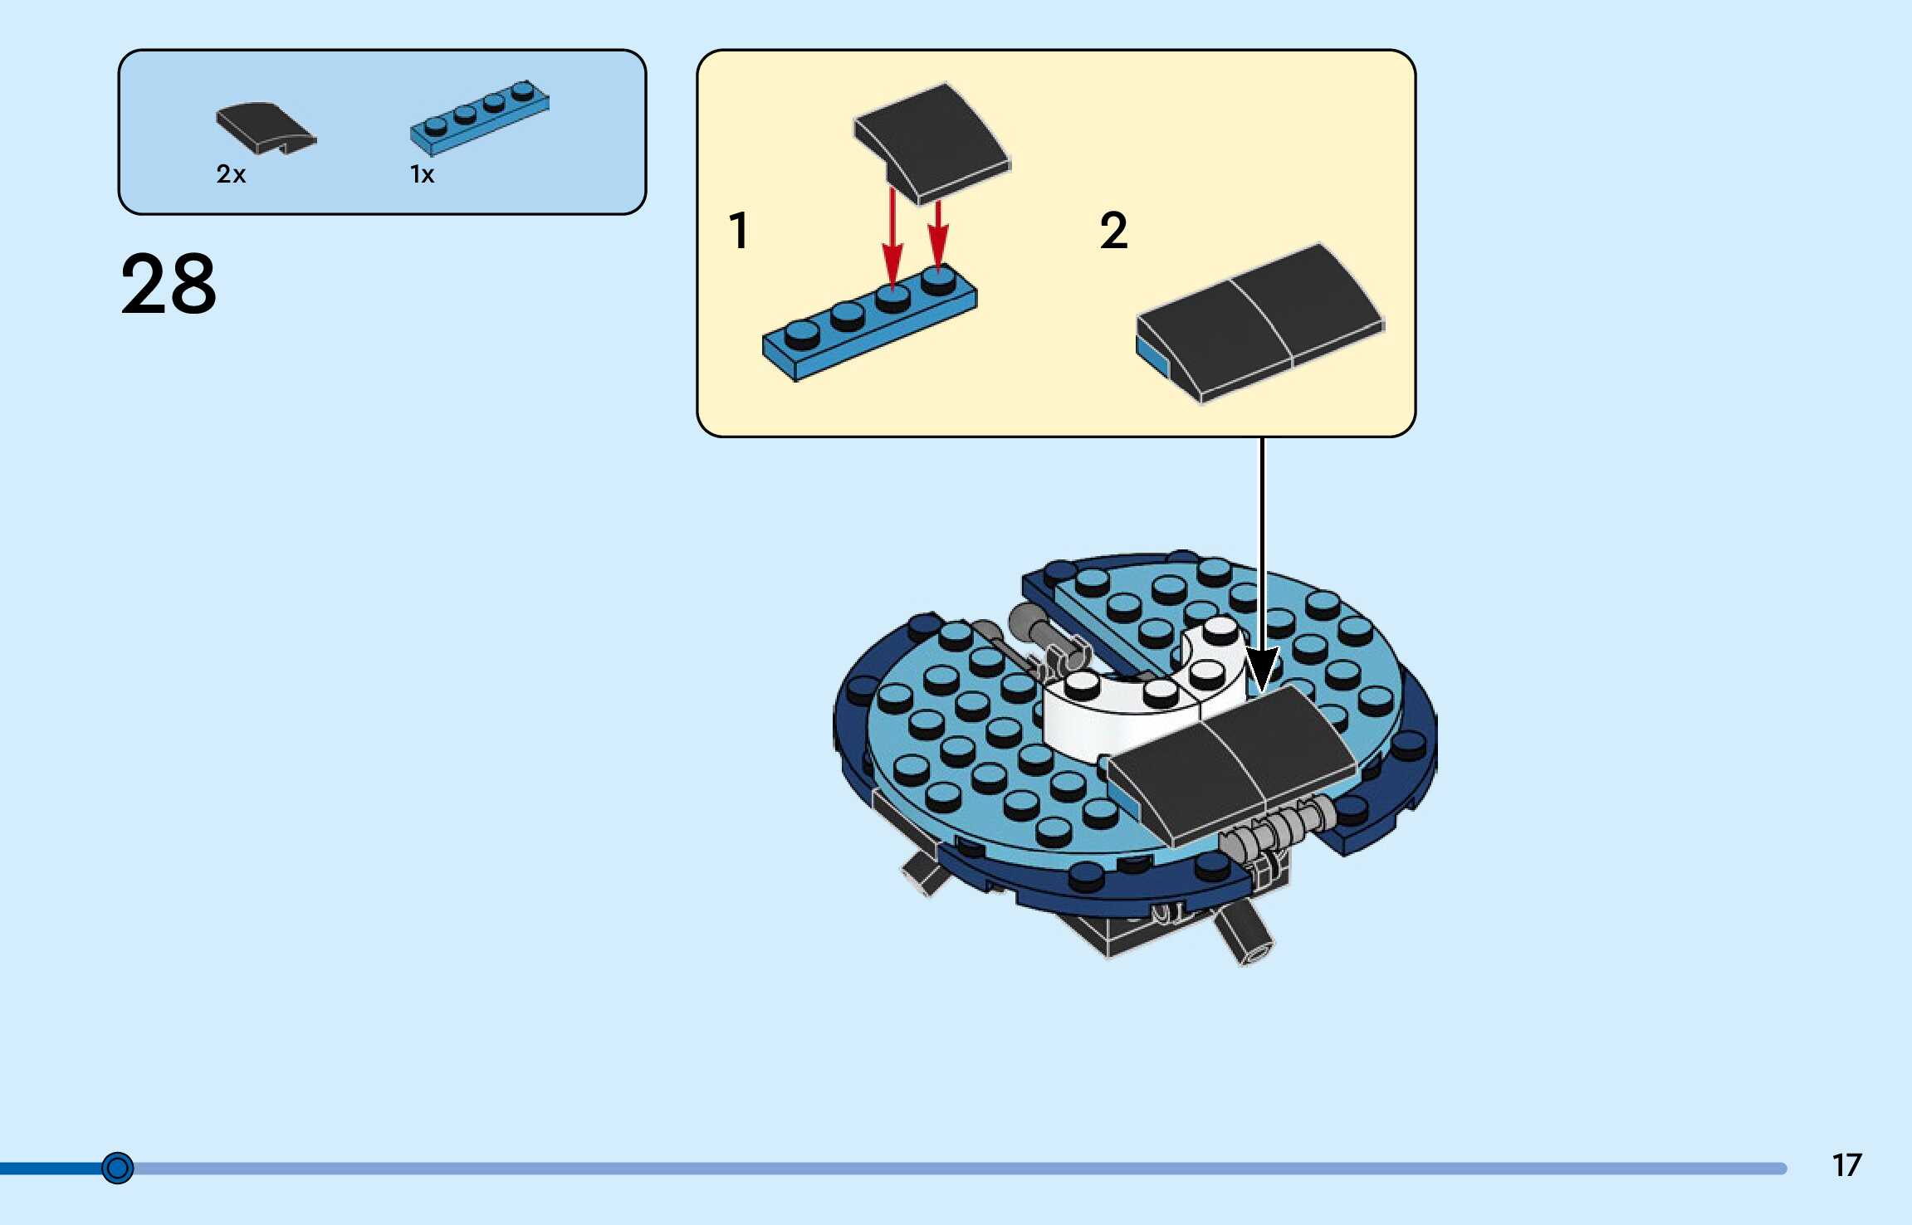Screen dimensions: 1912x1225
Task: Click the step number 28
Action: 169,284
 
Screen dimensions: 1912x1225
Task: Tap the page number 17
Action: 1846,1165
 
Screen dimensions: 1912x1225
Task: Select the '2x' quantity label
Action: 231,174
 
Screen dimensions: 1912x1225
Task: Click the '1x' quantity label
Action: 422,174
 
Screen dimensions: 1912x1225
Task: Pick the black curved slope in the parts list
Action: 264,127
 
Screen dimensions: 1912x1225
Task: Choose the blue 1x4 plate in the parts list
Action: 479,118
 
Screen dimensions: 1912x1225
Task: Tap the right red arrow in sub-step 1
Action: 938,232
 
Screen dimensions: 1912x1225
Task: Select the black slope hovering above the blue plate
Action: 932,141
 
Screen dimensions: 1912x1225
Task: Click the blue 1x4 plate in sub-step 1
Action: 868,324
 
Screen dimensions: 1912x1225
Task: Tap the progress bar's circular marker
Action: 117,1168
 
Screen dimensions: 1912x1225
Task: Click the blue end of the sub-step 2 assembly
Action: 1152,357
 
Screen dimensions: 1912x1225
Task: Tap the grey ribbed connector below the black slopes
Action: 1283,826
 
